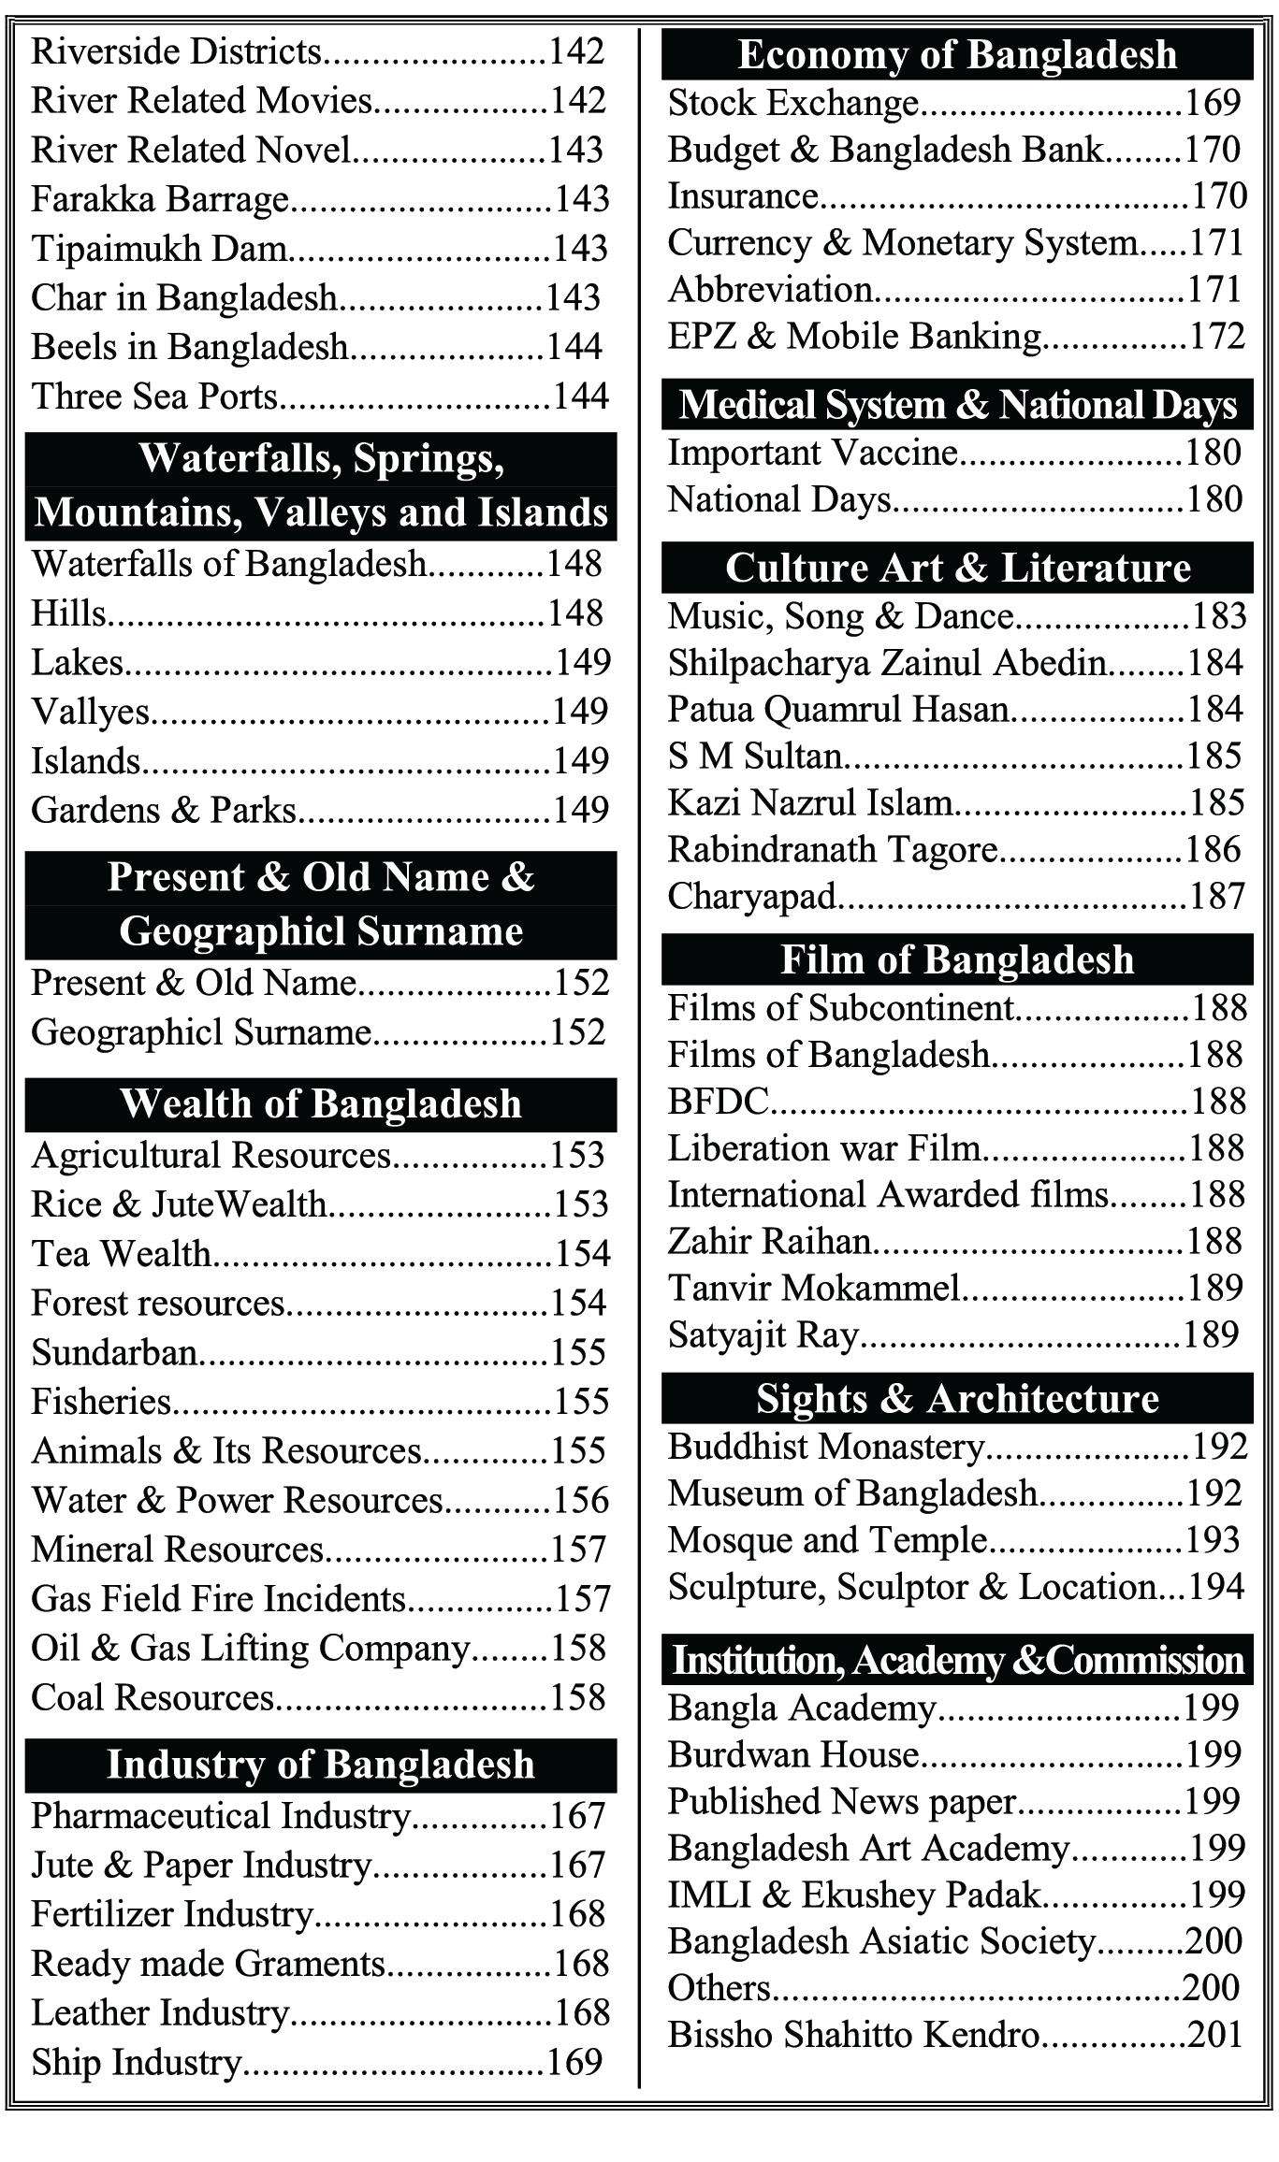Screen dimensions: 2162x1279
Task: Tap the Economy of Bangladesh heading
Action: pyautogui.click(x=956, y=54)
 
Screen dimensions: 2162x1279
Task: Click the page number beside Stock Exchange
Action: pyautogui.click(x=1213, y=103)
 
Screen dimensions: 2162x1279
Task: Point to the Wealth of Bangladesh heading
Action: pyautogui.click(x=320, y=1104)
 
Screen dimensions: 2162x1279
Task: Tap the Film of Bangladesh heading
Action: pyautogui.click(x=956, y=960)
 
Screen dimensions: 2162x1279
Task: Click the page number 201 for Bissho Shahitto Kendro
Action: pyautogui.click(x=1214, y=2035)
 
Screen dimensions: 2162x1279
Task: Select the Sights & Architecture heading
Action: pyautogui.click(x=956, y=1399)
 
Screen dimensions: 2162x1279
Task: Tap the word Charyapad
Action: pyautogui.click(x=751, y=897)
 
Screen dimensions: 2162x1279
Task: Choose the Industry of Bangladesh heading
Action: pyautogui.click(x=320, y=1766)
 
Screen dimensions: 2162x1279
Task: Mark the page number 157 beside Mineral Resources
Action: pyautogui.click(x=578, y=1550)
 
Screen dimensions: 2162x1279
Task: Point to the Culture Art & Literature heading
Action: pyautogui.click(x=956, y=569)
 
